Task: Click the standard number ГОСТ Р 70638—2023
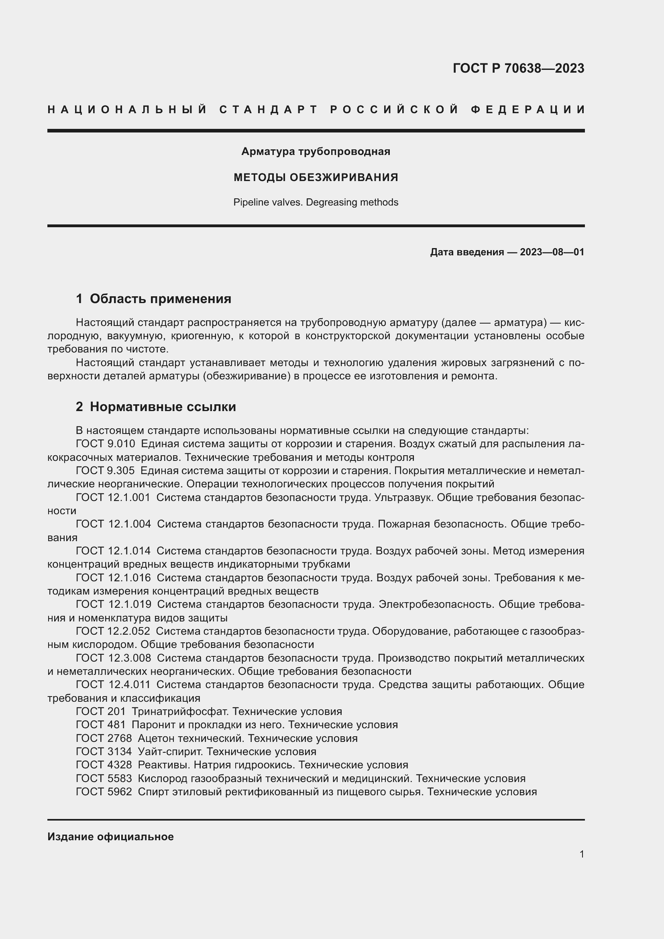pos(518,68)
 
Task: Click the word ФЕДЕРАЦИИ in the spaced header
pos(528,110)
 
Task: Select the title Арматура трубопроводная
pos(316,151)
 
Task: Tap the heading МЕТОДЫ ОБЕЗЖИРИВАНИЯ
pos(316,177)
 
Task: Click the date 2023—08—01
pos(552,252)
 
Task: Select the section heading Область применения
pos(160,299)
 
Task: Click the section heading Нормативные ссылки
pos(163,407)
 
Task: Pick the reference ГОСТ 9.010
pos(105,444)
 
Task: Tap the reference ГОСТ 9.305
pos(105,471)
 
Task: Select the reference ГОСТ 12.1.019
pos(113,604)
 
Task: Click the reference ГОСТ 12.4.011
pos(113,684)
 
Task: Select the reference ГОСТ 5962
pos(104,791)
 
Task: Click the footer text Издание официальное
pos(110,836)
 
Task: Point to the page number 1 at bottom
pos(581,854)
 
